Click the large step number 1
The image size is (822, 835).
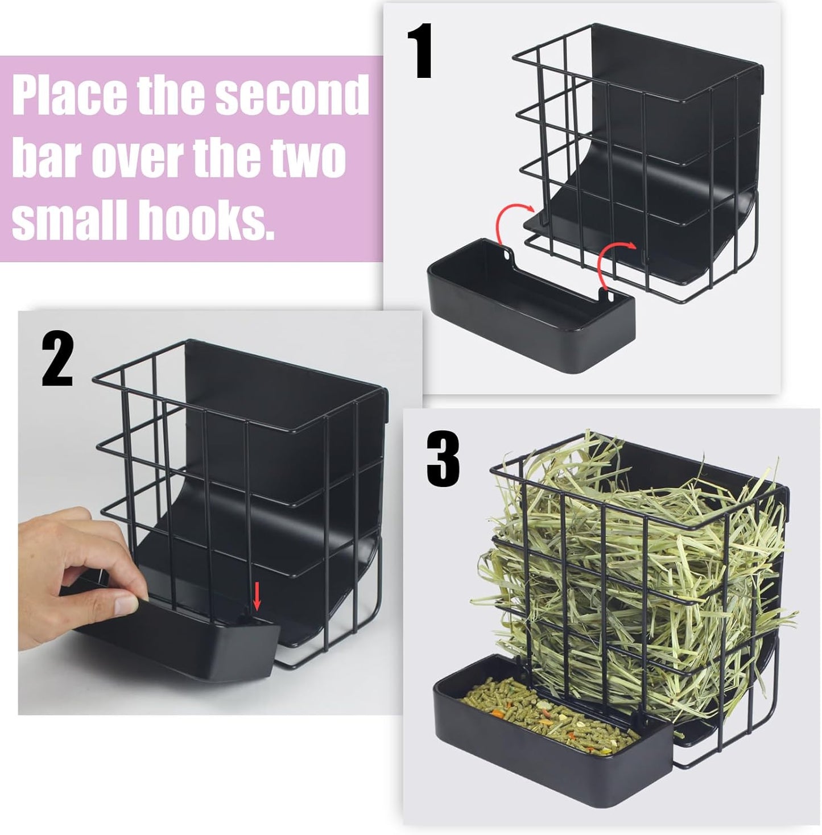tap(420, 52)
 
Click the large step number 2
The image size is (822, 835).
tap(57, 360)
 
